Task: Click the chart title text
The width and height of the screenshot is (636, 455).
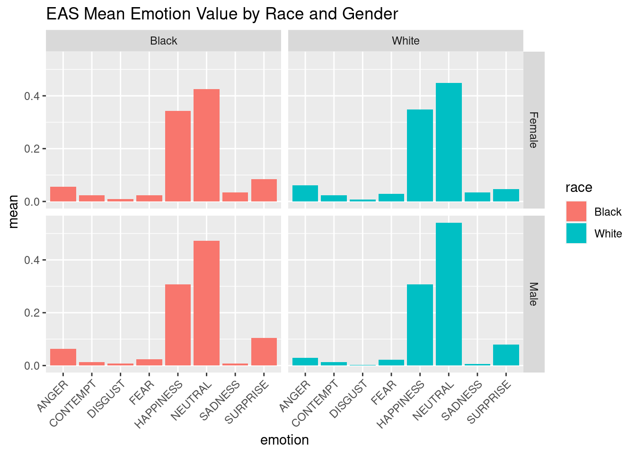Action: (222, 14)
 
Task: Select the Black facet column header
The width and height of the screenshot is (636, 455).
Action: (163, 41)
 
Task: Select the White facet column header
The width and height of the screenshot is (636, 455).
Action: (406, 41)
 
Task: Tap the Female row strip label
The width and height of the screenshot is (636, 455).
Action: (533, 130)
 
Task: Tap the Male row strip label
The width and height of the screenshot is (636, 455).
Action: (533, 294)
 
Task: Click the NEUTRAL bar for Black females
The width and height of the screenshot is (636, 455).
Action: (206, 145)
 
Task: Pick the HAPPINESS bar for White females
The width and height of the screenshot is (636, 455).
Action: (420, 155)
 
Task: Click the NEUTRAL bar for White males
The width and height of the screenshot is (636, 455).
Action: (449, 294)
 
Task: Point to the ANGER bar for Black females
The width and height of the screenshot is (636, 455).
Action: (63, 194)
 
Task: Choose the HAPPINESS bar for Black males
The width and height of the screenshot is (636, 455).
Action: (178, 325)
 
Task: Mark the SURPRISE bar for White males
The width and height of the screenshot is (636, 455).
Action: (506, 355)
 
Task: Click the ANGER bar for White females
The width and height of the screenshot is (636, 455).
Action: (305, 193)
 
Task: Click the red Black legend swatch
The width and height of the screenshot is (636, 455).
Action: (576, 212)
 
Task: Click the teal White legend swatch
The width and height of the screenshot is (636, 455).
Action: (576, 234)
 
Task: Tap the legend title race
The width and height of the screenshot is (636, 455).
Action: (578, 188)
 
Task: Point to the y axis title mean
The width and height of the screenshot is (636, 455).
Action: (13, 211)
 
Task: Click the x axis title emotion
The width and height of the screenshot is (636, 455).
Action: (284, 440)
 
